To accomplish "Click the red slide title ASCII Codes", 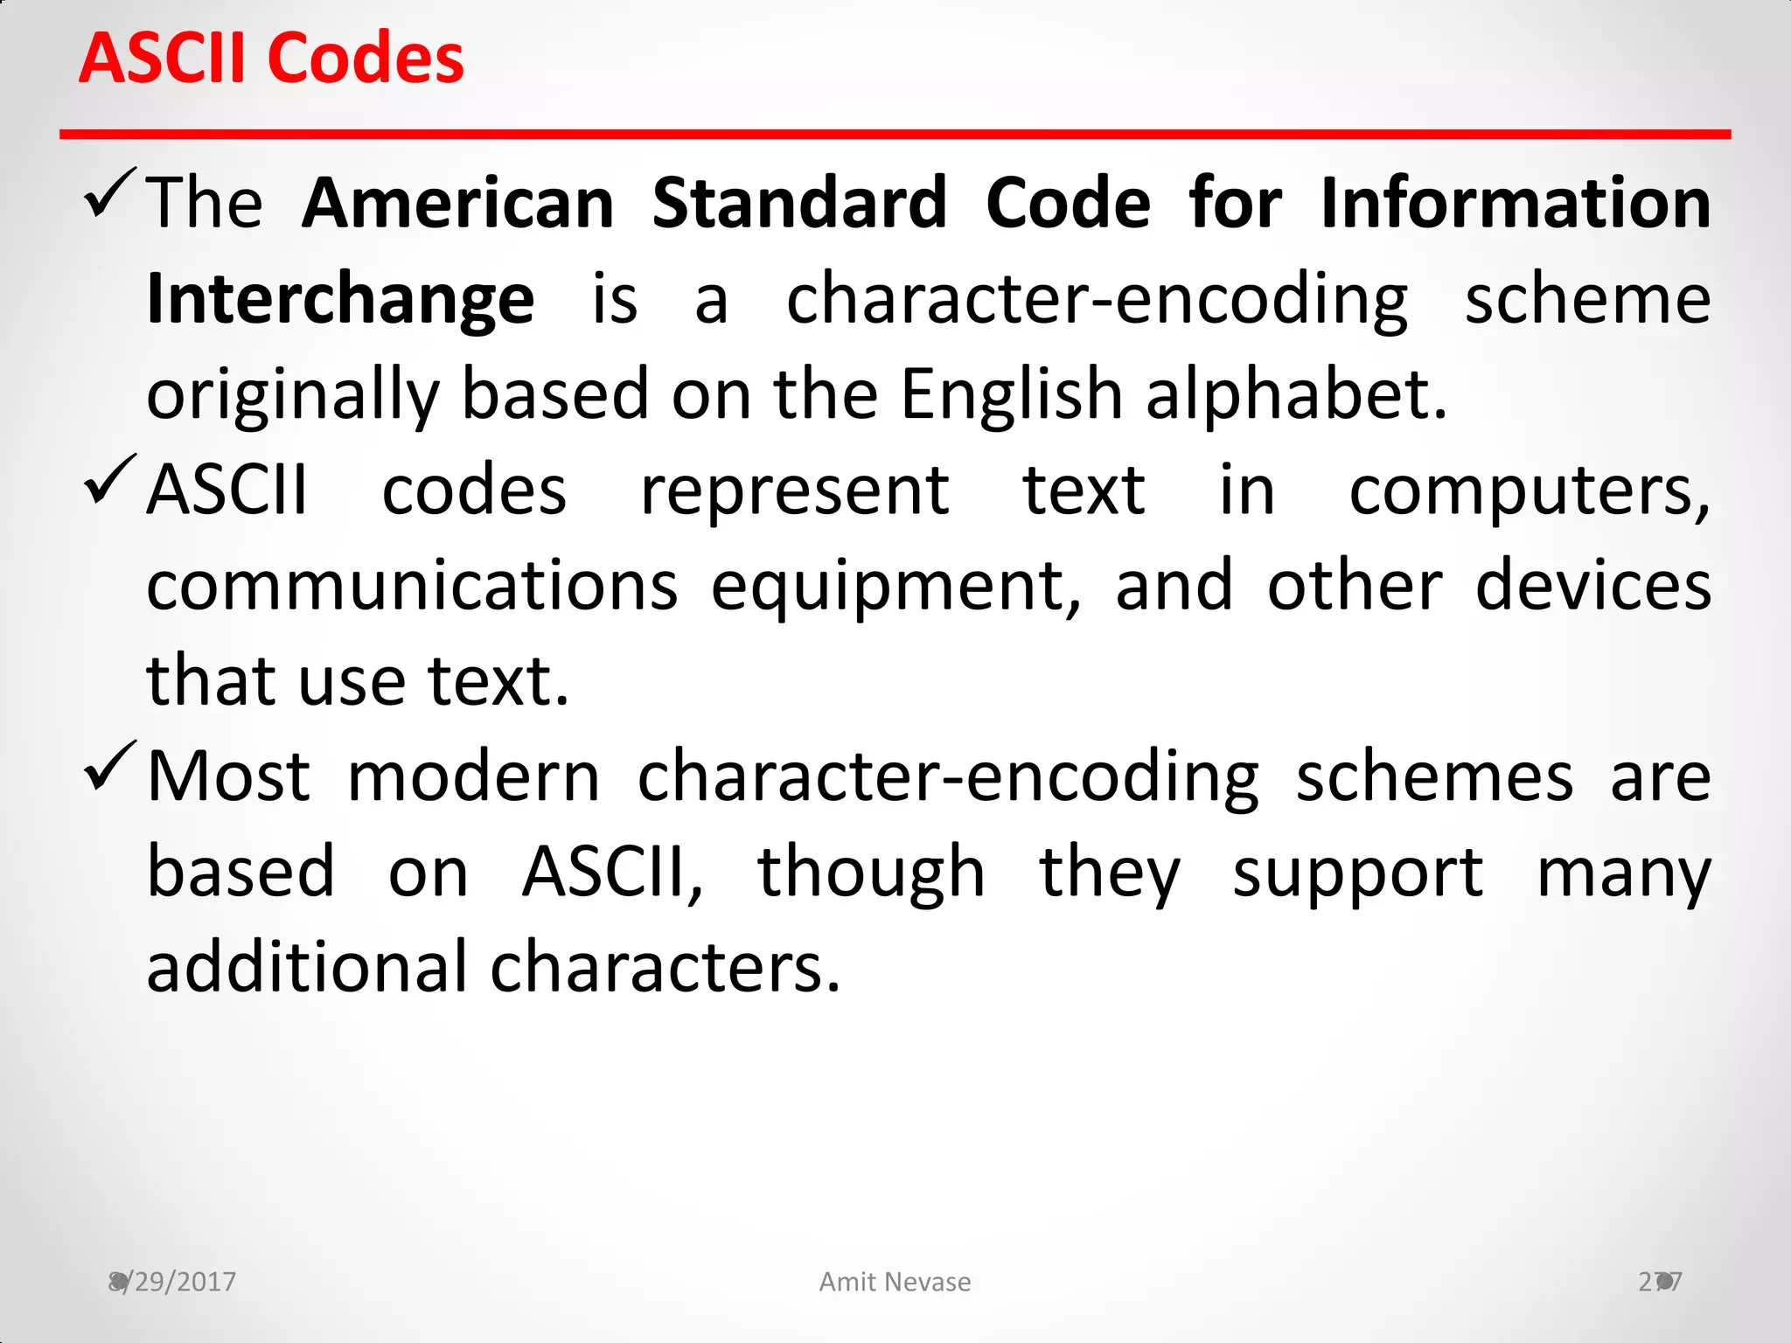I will tap(271, 59).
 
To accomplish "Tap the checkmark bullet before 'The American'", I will tap(110, 193).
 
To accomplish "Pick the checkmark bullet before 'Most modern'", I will tap(110, 767).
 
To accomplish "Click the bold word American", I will tap(458, 203).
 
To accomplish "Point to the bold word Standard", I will tap(799, 203).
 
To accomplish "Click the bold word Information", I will tap(1515, 203).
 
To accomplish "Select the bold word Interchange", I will tap(340, 299).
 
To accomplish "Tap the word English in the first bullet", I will tap(1011, 395).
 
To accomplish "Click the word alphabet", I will tap(1296, 395).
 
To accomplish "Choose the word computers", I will tap(1529, 491).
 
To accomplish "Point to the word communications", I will tap(412, 586).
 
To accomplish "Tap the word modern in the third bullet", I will tap(473, 776).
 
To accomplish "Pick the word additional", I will tap(307, 967).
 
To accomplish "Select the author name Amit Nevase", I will tap(895, 1282).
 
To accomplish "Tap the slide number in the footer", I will tap(1660, 1282).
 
